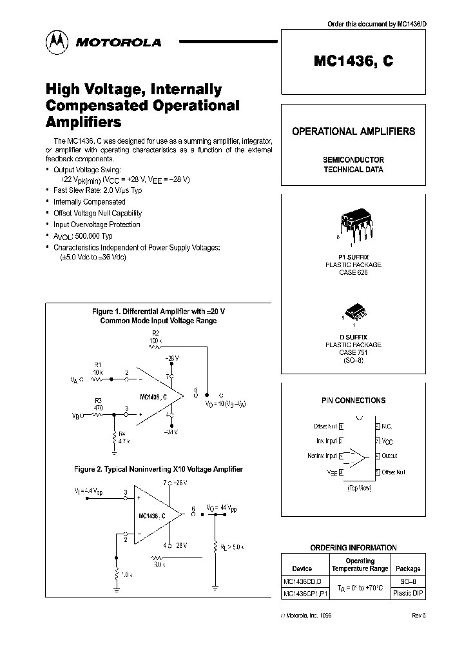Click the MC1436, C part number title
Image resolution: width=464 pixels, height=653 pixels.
coord(353,61)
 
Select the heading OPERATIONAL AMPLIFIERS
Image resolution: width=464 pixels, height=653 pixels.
coord(353,131)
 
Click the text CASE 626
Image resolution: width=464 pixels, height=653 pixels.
coord(353,272)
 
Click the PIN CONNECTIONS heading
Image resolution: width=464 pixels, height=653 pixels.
coord(353,400)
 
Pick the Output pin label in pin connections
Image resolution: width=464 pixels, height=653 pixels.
coord(390,456)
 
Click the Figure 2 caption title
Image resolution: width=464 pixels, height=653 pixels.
coord(158,469)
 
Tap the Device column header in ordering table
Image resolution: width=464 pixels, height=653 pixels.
coord(302,568)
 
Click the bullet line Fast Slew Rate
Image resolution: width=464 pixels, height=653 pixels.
coord(97,190)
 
